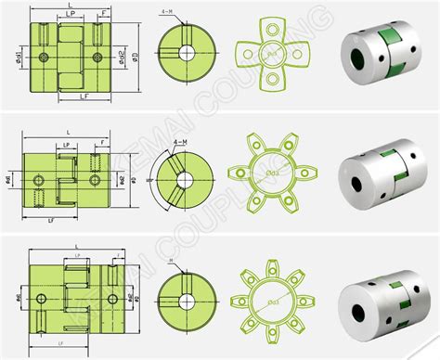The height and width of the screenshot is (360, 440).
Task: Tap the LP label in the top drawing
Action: click(x=72, y=17)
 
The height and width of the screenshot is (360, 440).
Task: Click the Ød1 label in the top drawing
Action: click(x=19, y=59)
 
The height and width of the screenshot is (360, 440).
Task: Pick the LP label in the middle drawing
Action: click(x=66, y=146)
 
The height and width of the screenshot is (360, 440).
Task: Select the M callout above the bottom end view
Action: click(x=171, y=263)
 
